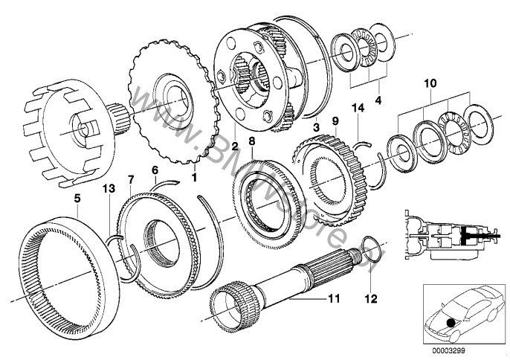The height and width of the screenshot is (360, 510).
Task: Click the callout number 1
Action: point(195,179)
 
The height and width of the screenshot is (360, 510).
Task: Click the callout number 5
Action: point(77,199)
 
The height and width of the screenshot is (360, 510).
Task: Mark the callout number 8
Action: point(252,160)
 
